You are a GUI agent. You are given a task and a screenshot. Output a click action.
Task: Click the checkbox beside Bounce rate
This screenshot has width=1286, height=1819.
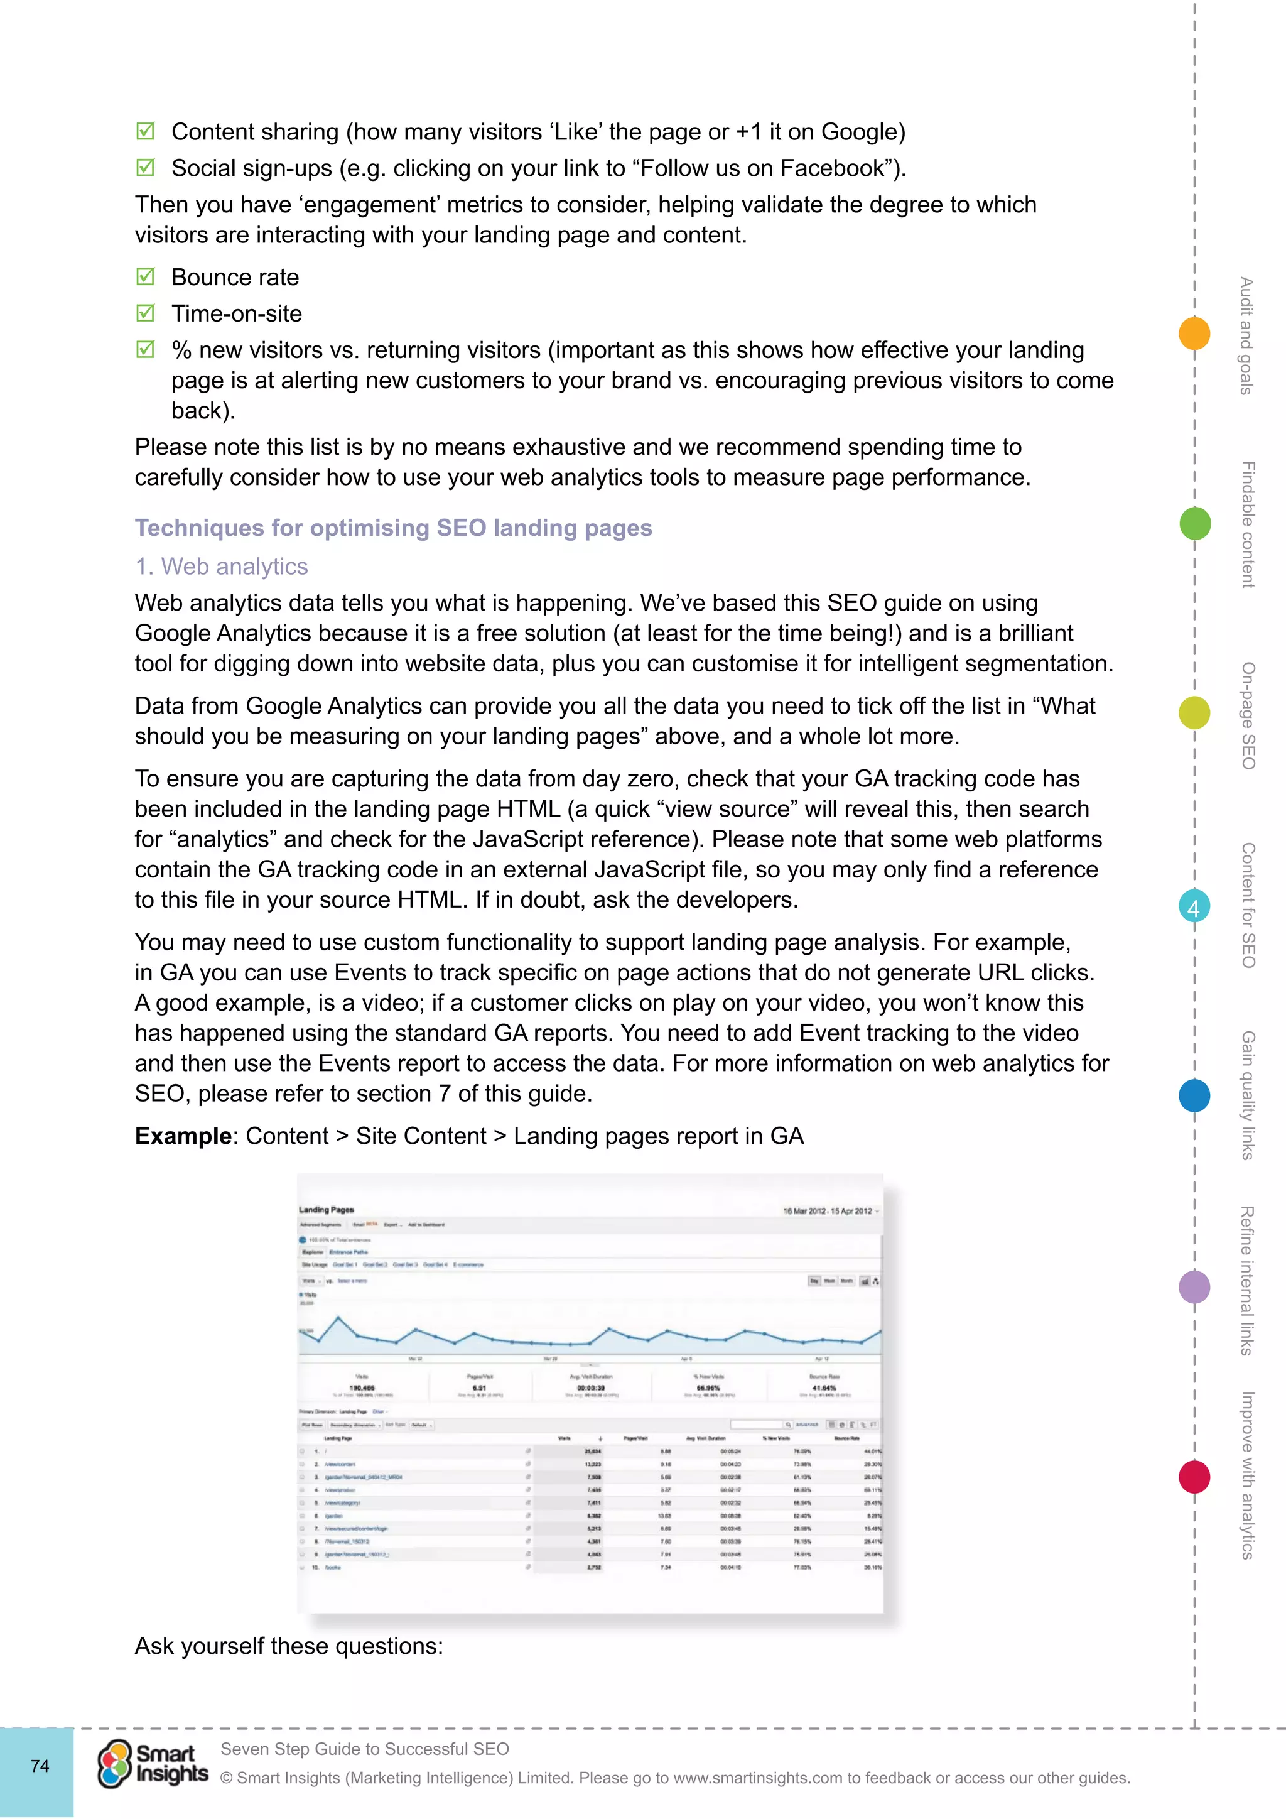pyautogui.click(x=145, y=276)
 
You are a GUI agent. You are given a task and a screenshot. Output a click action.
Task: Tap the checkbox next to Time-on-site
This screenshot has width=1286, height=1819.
pyautogui.click(x=145, y=313)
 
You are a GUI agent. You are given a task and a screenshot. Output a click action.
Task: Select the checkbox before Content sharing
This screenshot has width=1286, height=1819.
pyautogui.click(x=145, y=131)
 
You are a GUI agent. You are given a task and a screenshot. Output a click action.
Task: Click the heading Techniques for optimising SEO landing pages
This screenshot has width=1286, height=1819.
pyautogui.click(x=392, y=528)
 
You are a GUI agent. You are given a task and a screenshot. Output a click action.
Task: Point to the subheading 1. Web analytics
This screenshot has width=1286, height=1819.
pyautogui.click(x=221, y=567)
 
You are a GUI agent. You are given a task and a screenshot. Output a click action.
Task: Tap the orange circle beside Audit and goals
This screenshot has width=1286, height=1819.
pyautogui.click(x=1194, y=333)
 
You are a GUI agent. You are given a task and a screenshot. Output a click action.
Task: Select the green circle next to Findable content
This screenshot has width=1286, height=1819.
pyautogui.click(x=1194, y=524)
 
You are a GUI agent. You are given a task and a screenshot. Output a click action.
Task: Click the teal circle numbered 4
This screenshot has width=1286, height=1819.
pyautogui.click(x=1194, y=907)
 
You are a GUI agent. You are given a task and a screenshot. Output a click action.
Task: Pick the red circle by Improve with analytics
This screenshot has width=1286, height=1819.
pyautogui.click(x=1194, y=1477)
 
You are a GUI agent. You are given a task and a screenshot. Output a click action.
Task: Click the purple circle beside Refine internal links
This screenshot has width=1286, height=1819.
pyautogui.click(x=1194, y=1286)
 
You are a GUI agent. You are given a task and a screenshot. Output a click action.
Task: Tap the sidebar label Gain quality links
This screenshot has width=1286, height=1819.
pyautogui.click(x=1248, y=1095)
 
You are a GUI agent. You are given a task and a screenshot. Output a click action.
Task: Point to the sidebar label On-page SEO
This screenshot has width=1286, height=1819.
pyautogui.click(x=1248, y=715)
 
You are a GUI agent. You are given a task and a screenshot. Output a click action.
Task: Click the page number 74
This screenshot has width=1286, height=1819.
pyautogui.click(x=40, y=1766)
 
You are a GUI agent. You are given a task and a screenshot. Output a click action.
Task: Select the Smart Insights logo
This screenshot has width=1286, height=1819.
pyautogui.click(x=153, y=1764)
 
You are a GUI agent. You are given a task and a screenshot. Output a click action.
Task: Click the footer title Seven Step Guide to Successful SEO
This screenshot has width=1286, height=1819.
pyautogui.click(x=364, y=1749)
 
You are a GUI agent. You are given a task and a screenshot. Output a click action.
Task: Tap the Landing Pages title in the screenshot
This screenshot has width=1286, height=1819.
pyautogui.click(x=327, y=1210)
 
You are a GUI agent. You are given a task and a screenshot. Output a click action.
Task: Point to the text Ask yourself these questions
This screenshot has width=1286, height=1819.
pyautogui.click(x=288, y=1646)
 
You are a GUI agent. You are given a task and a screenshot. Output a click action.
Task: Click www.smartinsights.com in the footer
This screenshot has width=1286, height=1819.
pyautogui.click(x=757, y=1778)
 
